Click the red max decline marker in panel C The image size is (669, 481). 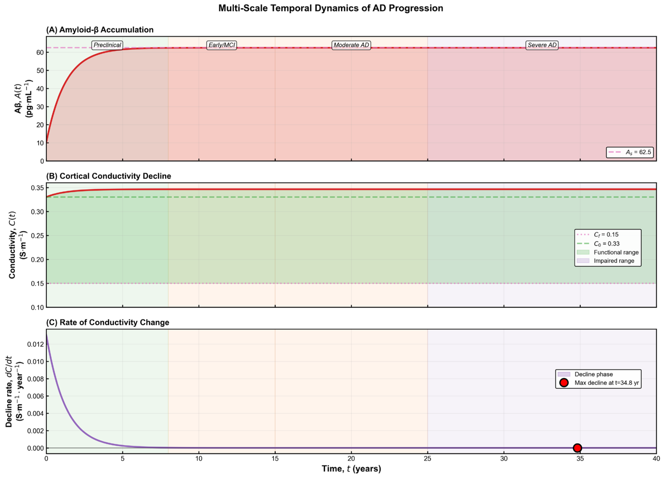(577, 448)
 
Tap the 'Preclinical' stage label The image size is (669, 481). (107, 45)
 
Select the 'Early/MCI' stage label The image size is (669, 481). (221, 45)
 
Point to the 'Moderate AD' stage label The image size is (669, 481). (351, 45)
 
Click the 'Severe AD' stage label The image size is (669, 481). (542, 45)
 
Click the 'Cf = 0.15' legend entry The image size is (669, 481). (598, 235)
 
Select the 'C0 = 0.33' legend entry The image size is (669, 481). (598, 244)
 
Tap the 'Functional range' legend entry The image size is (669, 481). (608, 252)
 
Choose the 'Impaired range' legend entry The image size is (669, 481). (605, 261)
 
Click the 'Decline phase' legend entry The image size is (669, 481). (585, 374)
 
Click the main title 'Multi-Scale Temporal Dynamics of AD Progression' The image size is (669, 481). (331, 8)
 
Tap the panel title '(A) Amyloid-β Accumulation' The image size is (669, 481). (100, 30)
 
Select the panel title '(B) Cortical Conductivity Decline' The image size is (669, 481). (108, 176)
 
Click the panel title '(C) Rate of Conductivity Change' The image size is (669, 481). (108, 323)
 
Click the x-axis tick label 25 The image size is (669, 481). (427, 459)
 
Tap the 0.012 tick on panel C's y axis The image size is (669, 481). (35, 344)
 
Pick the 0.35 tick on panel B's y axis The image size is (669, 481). (37, 188)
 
